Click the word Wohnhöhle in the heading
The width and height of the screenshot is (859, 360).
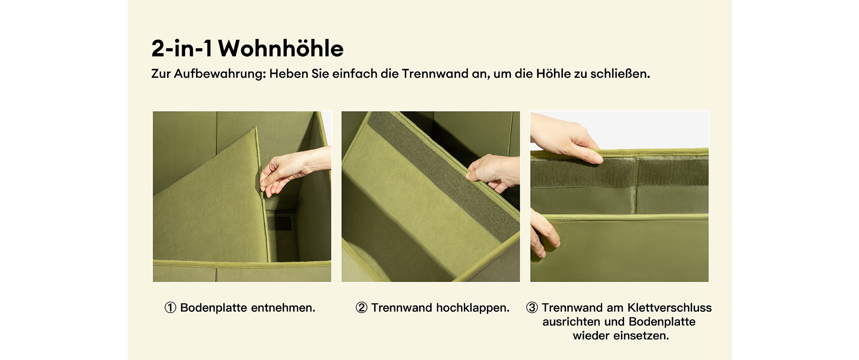point(281,48)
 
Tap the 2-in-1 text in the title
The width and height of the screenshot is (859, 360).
point(182,48)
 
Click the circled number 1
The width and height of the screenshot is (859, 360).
point(170,308)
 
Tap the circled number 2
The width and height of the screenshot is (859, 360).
point(361,308)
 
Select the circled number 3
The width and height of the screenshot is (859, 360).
point(532,308)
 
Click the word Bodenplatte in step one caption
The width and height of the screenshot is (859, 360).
point(213,308)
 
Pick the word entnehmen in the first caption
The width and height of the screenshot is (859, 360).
point(283,308)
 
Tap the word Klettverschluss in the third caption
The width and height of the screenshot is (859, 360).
point(669,308)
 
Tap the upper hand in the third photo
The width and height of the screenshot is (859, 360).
point(565,138)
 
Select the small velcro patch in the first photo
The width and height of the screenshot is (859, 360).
point(279,223)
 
